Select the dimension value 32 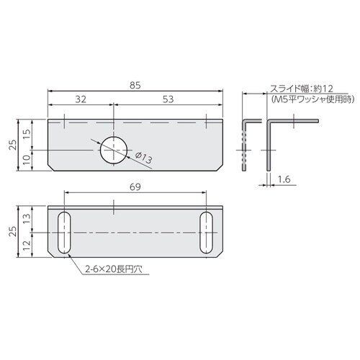pos(80,99)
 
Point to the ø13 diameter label pos(142,159)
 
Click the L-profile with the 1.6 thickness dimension pos(270,144)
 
